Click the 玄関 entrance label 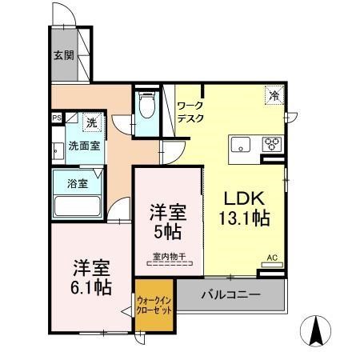point(64,55)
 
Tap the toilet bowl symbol point(147,105)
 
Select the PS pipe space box point(57,118)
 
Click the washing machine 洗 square point(92,122)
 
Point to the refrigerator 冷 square point(274,95)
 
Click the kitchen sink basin point(241,145)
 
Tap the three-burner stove point(272,145)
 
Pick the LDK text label point(244,198)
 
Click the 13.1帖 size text point(244,218)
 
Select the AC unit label point(272,258)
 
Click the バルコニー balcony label point(230,294)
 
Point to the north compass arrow point(316,330)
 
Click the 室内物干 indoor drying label point(170,257)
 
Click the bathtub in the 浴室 point(78,206)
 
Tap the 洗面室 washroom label point(84,146)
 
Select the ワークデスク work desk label point(190,112)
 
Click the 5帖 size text point(168,232)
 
